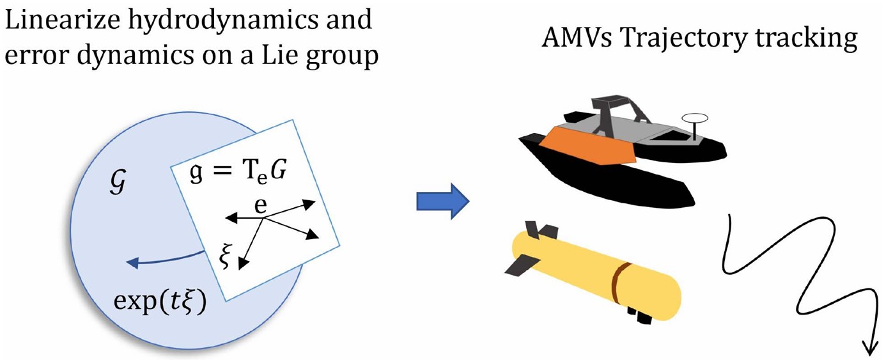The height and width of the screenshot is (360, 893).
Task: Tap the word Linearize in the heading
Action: point(61,21)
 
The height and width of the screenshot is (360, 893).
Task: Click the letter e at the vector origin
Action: point(261,209)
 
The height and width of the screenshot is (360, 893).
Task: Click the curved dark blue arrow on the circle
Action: point(166,259)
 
